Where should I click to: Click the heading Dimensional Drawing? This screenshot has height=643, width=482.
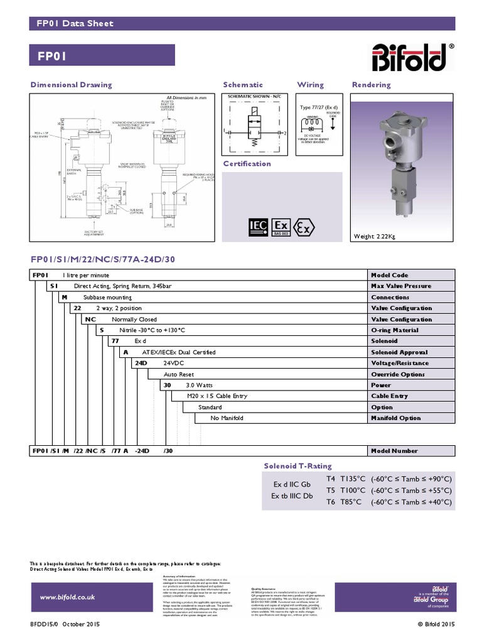[72, 85]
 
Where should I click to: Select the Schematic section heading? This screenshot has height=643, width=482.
[243, 85]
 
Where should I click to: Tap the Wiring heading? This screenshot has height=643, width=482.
[310, 85]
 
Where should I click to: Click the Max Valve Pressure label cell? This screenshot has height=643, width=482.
[401, 286]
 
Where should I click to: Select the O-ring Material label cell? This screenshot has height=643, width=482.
[395, 330]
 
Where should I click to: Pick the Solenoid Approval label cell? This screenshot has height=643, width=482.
[399, 352]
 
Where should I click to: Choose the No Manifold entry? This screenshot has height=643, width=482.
[227, 418]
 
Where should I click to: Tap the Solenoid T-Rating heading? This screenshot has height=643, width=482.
[297, 466]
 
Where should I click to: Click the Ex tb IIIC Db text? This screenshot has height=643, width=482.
[291, 496]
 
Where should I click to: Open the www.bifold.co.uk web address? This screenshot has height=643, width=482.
[67, 597]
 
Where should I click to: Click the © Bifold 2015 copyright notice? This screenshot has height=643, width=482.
[436, 624]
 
